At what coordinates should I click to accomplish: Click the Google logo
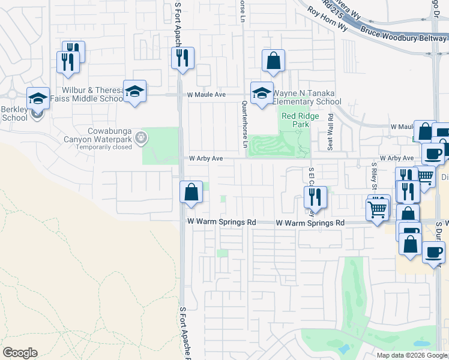click(20, 353)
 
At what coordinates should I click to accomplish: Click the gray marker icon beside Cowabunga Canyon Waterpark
click(141, 138)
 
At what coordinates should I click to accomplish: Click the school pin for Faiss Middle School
click(135, 91)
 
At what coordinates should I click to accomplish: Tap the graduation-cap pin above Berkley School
click(38, 98)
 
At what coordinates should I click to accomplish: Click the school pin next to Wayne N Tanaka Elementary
click(261, 93)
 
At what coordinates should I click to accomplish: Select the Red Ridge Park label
click(295, 119)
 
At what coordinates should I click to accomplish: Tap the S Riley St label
click(373, 173)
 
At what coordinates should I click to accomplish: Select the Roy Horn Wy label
click(327, 19)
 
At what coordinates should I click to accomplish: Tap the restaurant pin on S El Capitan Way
click(315, 197)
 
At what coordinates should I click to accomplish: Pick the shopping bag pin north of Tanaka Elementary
click(273, 61)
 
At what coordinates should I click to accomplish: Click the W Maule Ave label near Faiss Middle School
click(206, 95)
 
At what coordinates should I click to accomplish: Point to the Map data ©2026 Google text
click(412, 355)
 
